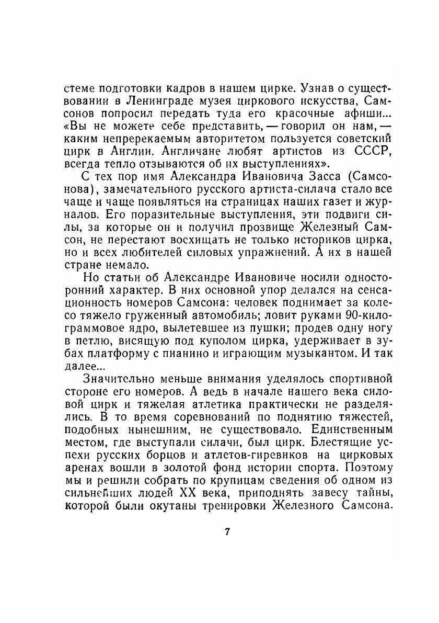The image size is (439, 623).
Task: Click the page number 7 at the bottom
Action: (x=227, y=533)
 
